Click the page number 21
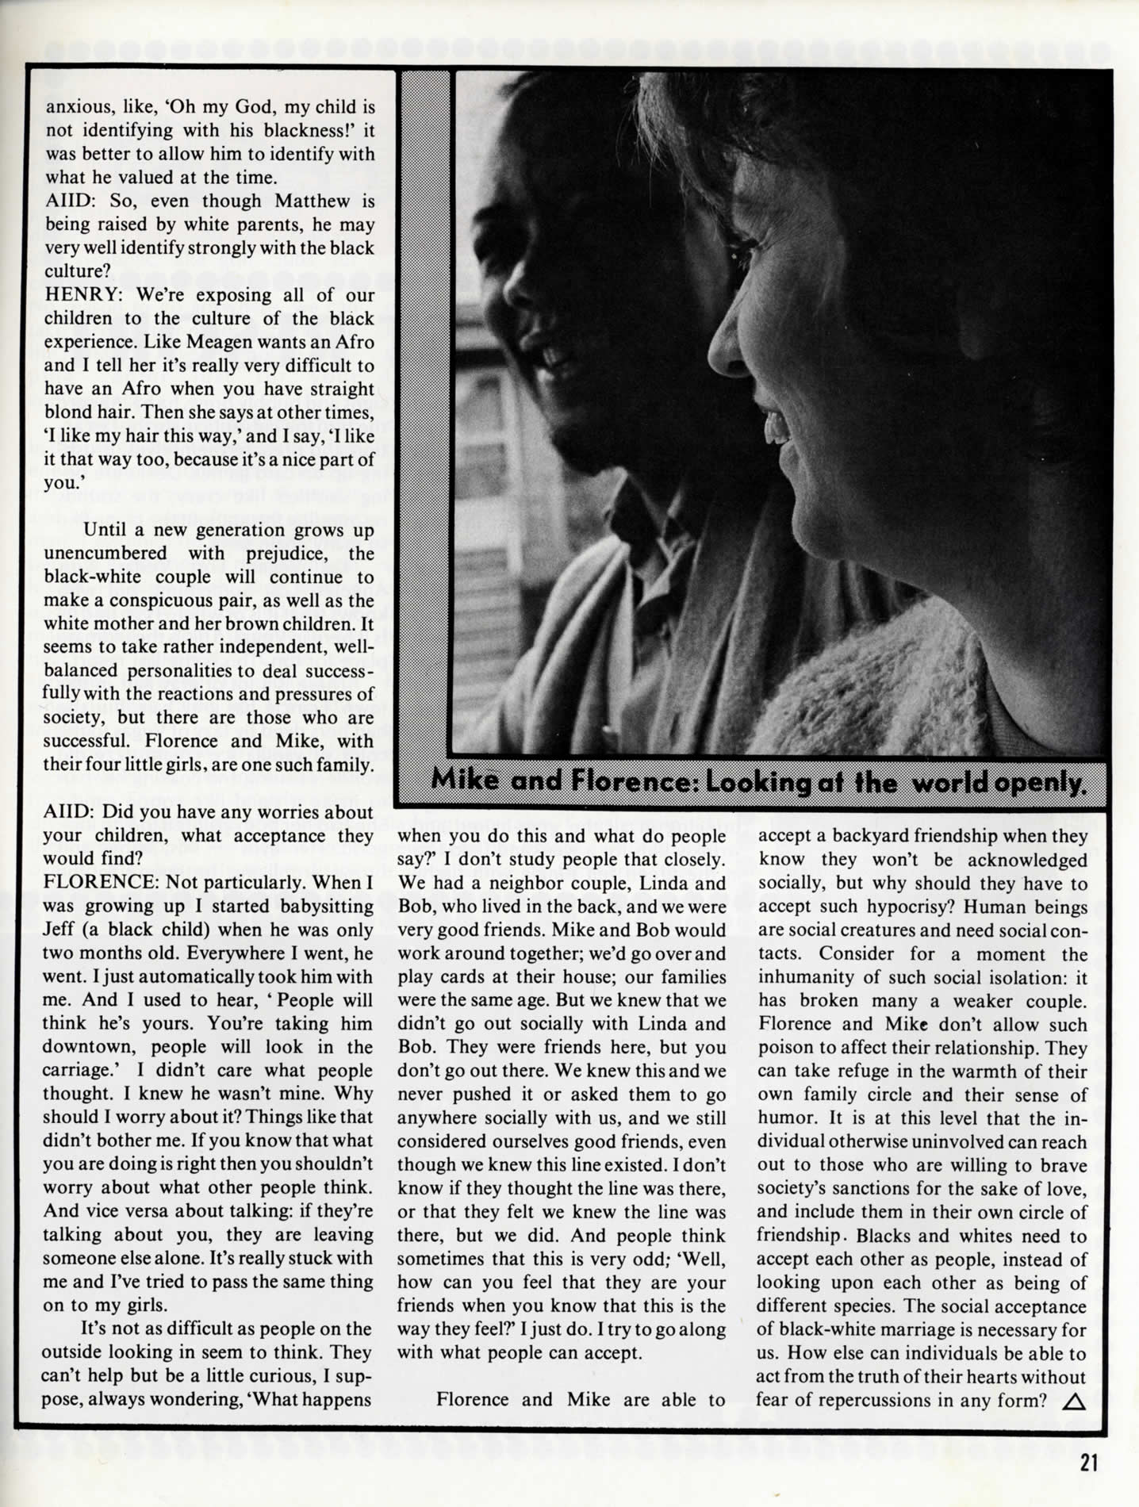[x=1088, y=1462]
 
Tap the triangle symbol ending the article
[x=1073, y=1402]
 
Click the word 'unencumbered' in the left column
[x=105, y=554]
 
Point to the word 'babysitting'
[x=326, y=906]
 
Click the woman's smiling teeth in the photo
[x=775, y=429]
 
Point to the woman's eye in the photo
[x=744, y=255]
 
